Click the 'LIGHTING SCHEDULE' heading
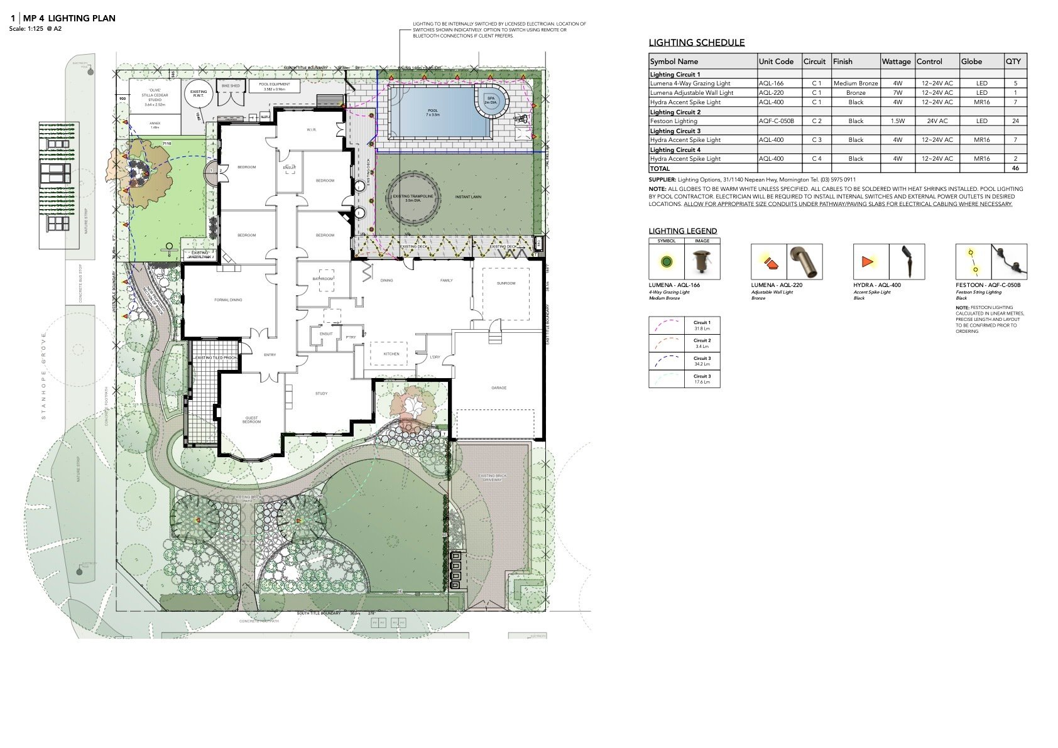(697, 43)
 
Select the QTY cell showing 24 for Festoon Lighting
(1015, 121)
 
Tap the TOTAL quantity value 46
(1015, 168)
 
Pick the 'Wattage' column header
(896, 62)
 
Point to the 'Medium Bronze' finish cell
(855, 83)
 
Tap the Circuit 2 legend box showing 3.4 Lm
(684, 343)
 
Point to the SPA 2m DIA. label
(490, 100)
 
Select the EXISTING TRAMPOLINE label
(413, 198)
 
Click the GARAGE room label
(499, 388)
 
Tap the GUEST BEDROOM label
(251, 420)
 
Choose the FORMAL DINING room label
(228, 300)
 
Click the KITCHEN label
(391, 354)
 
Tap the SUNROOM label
(506, 283)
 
